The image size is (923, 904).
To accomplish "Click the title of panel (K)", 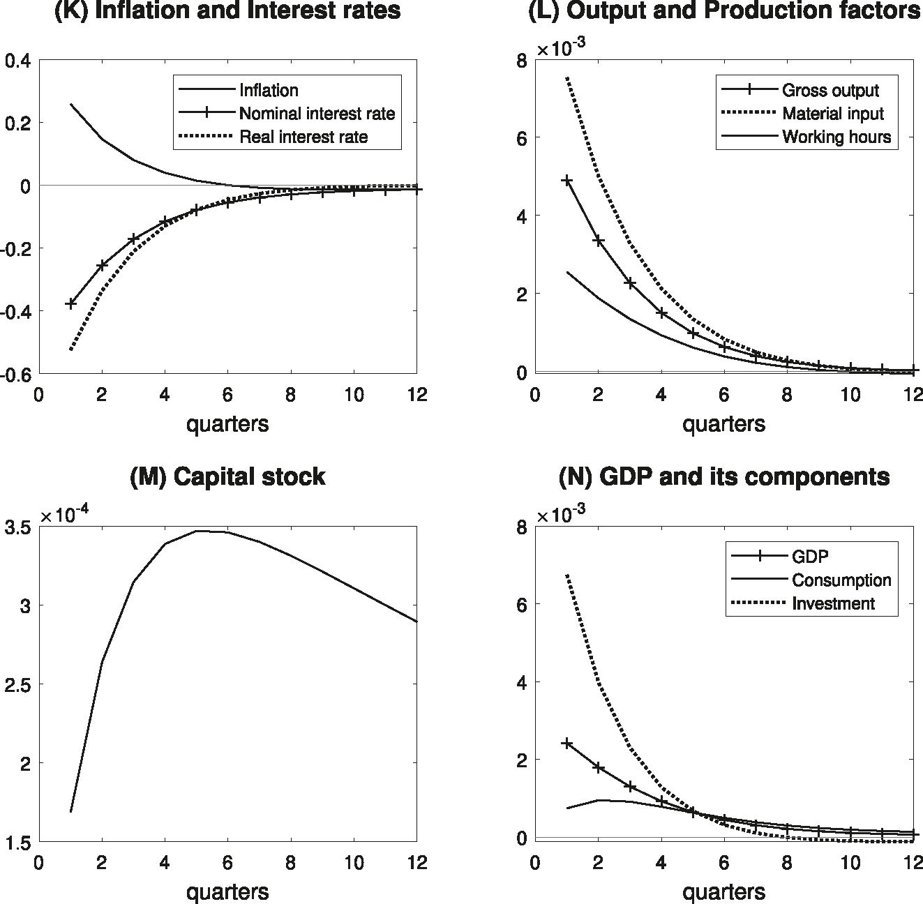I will (227, 10).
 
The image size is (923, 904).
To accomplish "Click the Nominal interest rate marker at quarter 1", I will (70, 303).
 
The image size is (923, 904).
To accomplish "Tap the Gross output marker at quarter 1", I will (567, 181).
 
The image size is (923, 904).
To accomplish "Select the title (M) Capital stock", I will (227, 476).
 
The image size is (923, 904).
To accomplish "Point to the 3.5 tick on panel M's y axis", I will (19, 527).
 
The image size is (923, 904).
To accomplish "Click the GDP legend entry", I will (810, 557).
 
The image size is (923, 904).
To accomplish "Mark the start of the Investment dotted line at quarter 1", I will (567, 575).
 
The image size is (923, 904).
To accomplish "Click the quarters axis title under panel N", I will (723, 891).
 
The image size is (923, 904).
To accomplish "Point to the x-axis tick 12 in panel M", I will (417, 863).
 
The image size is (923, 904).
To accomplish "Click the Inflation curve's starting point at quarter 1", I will (70, 104).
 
